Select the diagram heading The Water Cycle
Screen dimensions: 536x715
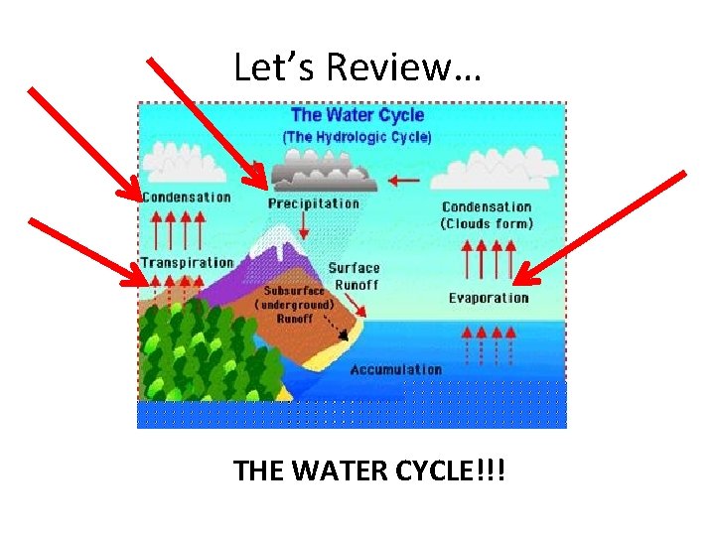357,115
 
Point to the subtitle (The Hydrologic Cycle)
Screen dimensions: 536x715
357,136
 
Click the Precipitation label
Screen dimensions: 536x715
314,203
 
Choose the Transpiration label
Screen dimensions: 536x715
187,263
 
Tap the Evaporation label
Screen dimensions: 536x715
489,298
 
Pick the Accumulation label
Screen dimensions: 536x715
395,369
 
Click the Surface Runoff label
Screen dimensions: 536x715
355,274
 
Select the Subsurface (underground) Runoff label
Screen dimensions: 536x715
295,305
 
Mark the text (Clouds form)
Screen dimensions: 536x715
487,223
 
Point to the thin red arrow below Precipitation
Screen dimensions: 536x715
305,225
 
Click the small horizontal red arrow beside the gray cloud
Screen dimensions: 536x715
404,181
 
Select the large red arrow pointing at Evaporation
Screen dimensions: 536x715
601,226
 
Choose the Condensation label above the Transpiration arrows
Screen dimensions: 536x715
187,197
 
